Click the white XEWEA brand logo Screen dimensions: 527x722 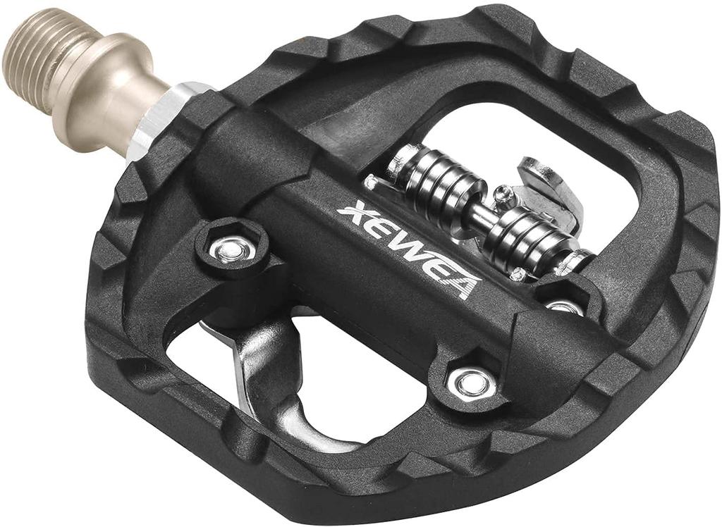click(409, 251)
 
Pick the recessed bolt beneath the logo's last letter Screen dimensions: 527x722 click(469, 383)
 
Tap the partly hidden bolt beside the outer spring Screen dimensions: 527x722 click(564, 306)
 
